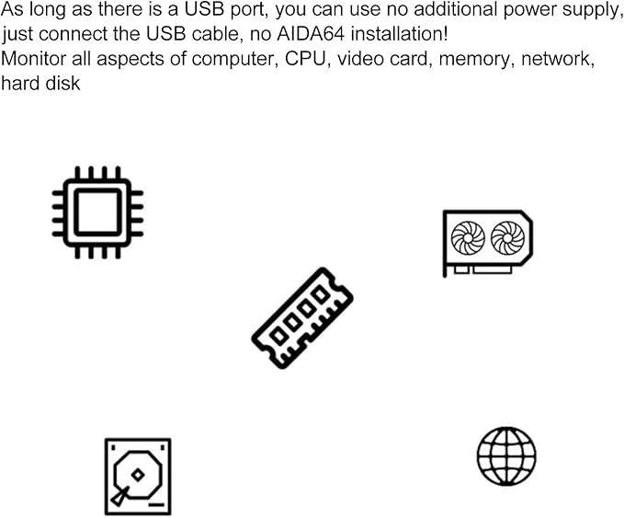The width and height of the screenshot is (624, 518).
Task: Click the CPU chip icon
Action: click(x=97, y=213)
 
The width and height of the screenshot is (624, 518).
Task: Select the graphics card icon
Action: click(x=488, y=243)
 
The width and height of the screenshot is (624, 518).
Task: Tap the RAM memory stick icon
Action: click(x=302, y=318)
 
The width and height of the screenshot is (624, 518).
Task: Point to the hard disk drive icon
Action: click(x=138, y=477)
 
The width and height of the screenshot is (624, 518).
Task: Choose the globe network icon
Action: click(x=506, y=456)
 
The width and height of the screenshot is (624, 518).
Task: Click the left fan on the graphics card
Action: click(x=468, y=238)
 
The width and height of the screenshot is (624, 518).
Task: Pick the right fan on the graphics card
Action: click(x=507, y=238)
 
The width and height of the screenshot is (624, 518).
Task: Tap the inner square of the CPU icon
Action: click(x=97, y=213)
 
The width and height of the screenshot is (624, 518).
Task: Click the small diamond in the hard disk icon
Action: click(x=138, y=475)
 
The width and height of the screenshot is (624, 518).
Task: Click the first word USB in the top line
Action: click(x=204, y=9)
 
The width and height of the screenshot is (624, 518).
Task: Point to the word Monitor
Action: click(x=33, y=59)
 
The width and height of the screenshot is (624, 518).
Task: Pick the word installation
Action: click(x=400, y=34)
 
